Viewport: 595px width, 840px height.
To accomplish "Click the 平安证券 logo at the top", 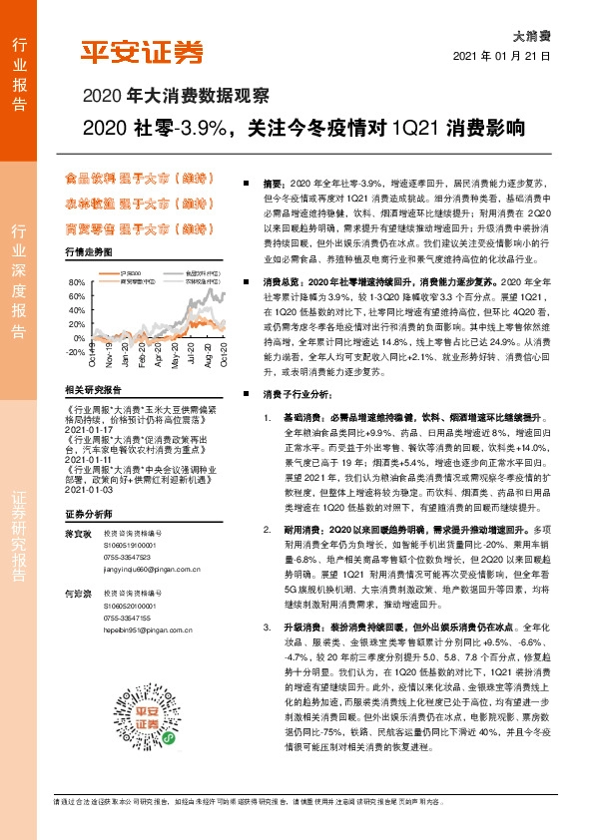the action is pyautogui.click(x=141, y=52).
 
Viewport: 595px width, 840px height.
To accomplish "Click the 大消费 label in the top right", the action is pyautogui.click(x=530, y=34).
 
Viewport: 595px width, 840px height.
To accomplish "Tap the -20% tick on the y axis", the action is pyautogui.click(x=75, y=352).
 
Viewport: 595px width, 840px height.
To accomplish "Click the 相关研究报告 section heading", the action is pyautogui.click(x=91, y=390).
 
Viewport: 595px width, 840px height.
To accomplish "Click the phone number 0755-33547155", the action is pyautogui.click(x=126, y=619).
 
